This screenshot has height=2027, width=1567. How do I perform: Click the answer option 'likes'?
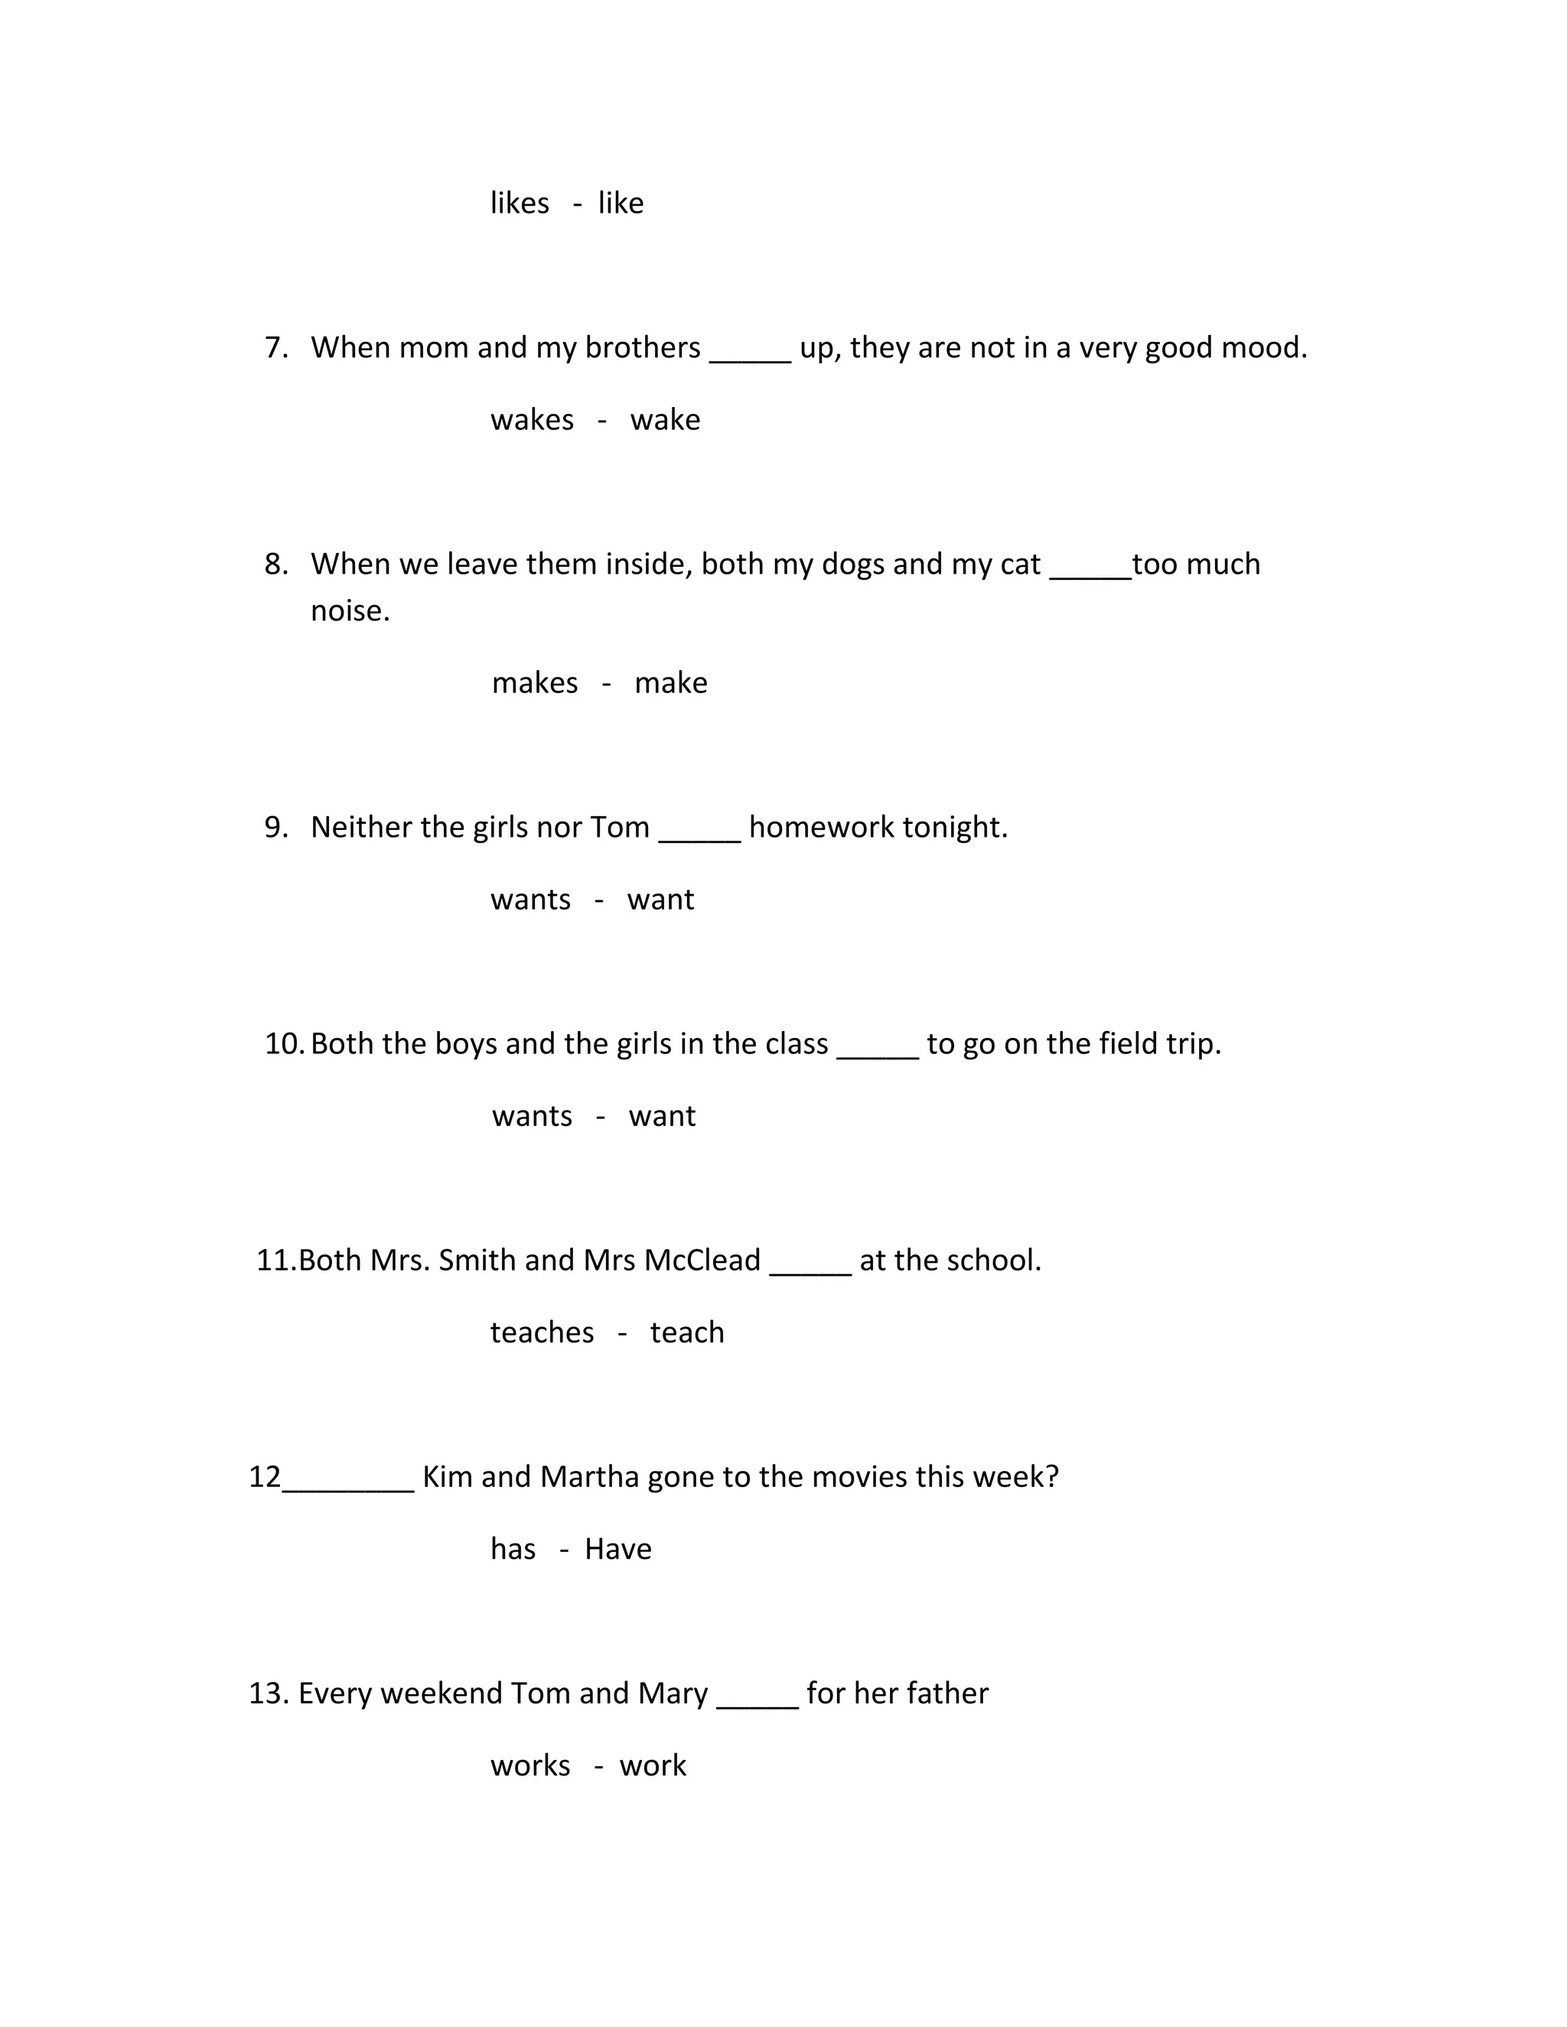[519, 203]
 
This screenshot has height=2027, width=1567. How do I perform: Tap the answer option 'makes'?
[535, 683]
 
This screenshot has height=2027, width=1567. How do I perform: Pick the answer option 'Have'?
[617, 1549]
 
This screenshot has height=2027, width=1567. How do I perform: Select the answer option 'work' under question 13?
[653, 1765]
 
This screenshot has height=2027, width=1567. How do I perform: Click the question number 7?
[275, 348]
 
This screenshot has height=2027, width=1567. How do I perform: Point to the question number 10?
[283, 1044]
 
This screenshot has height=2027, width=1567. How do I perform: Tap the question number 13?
[269, 1694]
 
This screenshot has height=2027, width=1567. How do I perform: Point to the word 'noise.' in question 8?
[350, 610]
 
